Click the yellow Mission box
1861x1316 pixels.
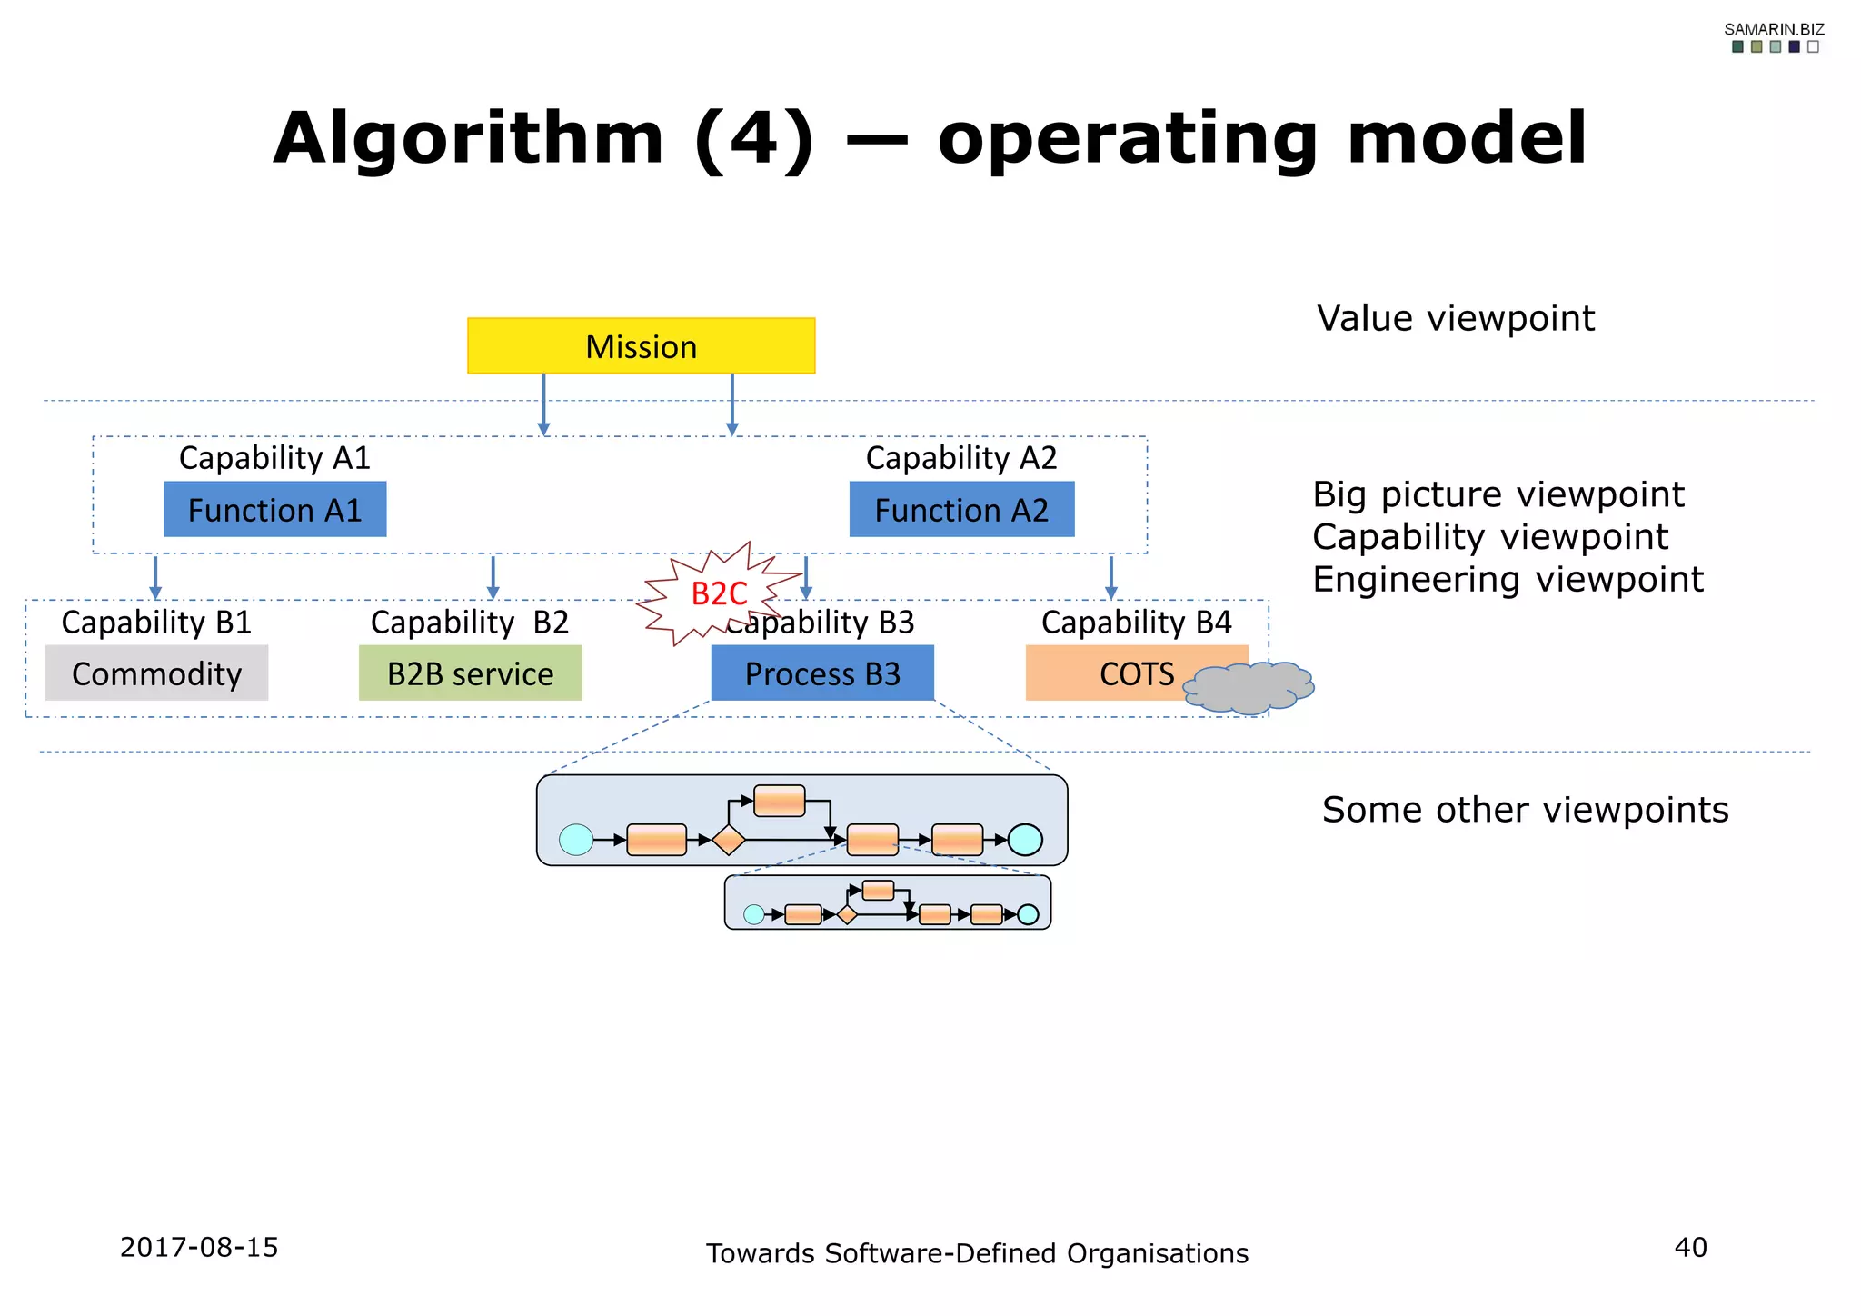(641, 346)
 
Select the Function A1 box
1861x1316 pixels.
(274, 510)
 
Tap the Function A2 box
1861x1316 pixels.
(961, 510)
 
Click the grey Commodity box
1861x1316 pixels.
(156, 673)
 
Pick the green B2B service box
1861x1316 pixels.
(470, 673)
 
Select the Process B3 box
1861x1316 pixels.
(821, 673)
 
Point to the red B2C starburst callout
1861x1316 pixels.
(718, 593)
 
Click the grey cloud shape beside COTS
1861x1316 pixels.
(1249, 688)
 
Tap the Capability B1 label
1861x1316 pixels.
(156, 623)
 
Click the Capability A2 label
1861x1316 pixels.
(961, 458)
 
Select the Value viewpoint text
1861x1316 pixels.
(1456, 319)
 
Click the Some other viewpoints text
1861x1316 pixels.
(1525, 810)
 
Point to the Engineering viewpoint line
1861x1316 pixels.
(1508, 580)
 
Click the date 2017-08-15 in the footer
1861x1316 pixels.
(199, 1247)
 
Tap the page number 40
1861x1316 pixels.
(1690, 1247)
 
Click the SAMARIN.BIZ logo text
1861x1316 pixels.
(1774, 29)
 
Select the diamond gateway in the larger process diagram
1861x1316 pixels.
(728, 840)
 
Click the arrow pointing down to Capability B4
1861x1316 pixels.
(1110, 578)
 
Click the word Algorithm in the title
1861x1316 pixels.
(468, 138)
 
